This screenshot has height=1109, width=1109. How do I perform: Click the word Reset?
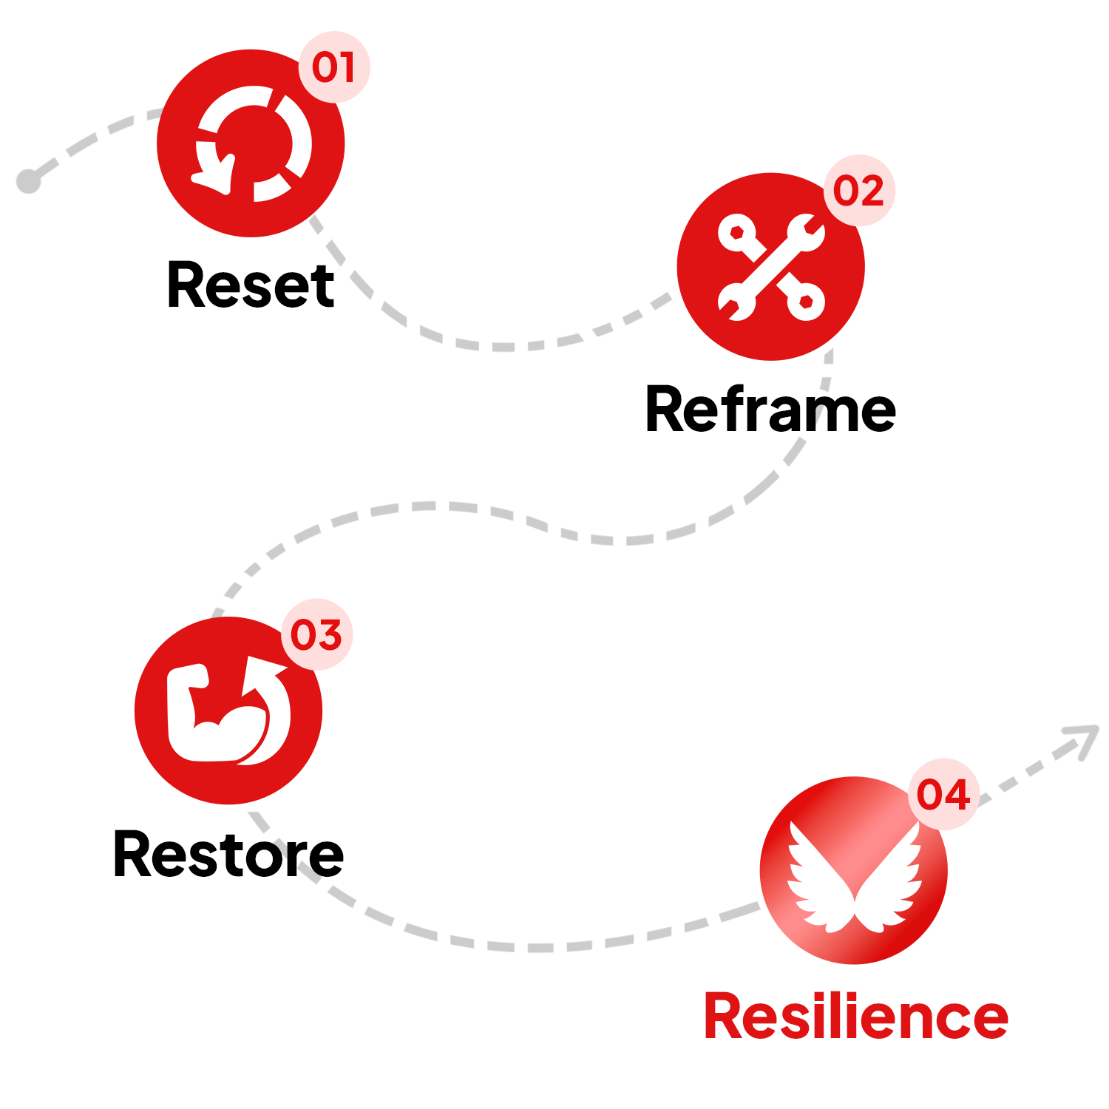(x=251, y=285)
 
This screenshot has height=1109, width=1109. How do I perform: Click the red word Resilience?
(x=855, y=1017)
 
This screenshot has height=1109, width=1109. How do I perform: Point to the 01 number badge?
(x=334, y=67)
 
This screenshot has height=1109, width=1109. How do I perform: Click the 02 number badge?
(x=859, y=191)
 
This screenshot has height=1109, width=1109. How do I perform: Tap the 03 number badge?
(x=316, y=634)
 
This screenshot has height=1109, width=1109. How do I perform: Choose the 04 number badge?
(x=943, y=794)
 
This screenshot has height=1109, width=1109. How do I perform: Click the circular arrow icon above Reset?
(x=251, y=143)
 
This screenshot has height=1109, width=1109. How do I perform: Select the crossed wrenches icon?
(x=771, y=267)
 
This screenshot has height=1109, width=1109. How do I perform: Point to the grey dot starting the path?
(x=29, y=180)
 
